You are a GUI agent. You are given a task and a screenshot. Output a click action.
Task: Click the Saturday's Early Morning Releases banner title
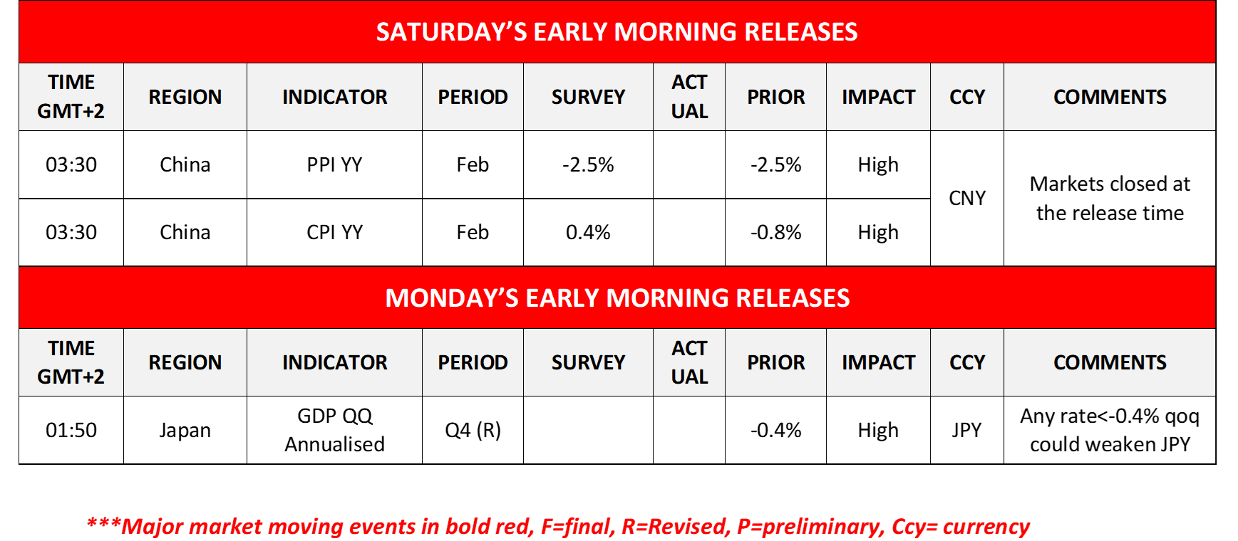click(x=617, y=32)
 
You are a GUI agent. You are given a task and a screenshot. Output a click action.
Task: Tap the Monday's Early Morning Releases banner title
click(x=617, y=298)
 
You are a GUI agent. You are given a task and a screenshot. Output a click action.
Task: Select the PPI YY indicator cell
click(x=334, y=164)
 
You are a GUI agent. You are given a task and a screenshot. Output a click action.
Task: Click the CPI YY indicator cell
click(x=334, y=232)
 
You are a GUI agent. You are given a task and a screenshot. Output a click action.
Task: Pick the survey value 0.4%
click(x=588, y=232)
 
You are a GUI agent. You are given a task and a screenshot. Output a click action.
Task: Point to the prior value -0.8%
click(x=775, y=232)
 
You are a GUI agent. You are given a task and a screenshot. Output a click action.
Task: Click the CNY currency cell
click(x=967, y=198)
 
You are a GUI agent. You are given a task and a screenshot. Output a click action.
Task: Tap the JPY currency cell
click(x=967, y=430)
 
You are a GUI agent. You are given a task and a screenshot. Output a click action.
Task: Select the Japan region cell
click(x=185, y=430)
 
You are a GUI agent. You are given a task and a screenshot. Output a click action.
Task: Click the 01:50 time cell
click(x=71, y=430)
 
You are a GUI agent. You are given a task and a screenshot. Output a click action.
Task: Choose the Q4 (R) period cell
click(x=473, y=430)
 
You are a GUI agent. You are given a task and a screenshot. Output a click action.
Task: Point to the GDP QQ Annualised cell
click(x=334, y=430)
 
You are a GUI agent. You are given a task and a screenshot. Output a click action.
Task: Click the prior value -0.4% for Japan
click(x=775, y=430)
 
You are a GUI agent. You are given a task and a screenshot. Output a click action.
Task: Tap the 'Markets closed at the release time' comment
click(x=1110, y=198)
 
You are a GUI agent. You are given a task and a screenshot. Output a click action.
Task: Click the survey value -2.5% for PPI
click(x=588, y=164)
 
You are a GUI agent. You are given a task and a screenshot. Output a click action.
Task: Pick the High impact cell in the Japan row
click(x=878, y=430)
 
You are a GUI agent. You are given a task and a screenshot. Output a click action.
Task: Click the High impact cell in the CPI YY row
click(x=878, y=232)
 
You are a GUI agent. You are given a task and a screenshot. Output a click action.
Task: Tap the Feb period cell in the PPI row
click(x=473, y=164)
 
